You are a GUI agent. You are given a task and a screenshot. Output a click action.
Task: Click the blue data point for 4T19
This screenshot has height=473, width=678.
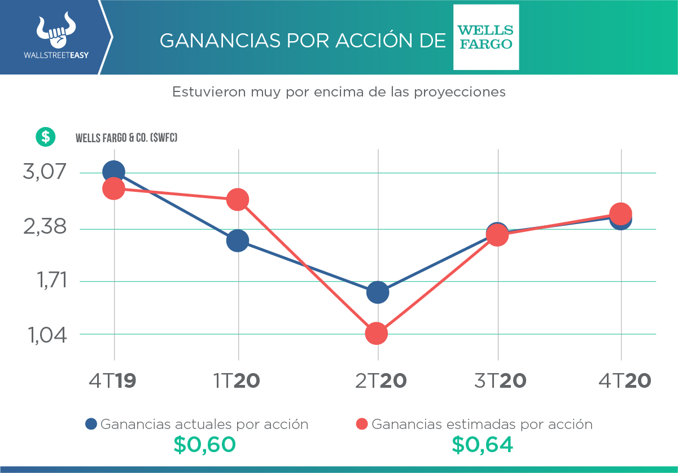coord(113,172)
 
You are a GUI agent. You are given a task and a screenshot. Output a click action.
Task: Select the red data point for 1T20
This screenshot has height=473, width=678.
coord(238,199)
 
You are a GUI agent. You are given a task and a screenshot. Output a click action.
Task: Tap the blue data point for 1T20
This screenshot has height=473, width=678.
coord(238,241)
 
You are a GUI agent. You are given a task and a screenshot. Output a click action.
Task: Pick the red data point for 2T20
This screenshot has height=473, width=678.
coord(377,334)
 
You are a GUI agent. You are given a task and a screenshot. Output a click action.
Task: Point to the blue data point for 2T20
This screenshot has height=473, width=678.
coord(377,292)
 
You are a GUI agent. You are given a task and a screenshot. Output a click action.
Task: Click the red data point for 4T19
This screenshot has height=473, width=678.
coord(113,189)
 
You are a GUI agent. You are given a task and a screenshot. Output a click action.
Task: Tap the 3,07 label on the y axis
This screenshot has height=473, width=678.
coord(44,172)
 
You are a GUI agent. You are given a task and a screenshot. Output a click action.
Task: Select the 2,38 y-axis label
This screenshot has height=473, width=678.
coord(44,228)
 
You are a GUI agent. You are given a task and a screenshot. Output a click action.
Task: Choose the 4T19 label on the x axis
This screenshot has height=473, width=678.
coord(112,380)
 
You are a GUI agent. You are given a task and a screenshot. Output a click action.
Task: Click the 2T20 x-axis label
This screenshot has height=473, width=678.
coord(380,380)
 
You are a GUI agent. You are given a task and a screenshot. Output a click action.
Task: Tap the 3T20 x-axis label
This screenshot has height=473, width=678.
coord(500,380)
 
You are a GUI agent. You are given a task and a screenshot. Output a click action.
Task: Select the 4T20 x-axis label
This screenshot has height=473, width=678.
coord(624,380)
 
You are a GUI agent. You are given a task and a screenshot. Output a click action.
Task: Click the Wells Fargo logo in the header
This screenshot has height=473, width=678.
coord(486,37)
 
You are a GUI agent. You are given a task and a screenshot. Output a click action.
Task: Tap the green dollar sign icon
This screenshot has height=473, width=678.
coord(46,137)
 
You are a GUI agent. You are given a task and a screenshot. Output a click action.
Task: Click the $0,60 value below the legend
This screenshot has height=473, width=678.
coord(204,445)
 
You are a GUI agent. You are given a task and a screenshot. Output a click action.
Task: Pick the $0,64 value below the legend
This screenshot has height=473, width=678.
coord(482,445)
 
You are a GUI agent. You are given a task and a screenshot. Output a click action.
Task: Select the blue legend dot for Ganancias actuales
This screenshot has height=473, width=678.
coord(91,424)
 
